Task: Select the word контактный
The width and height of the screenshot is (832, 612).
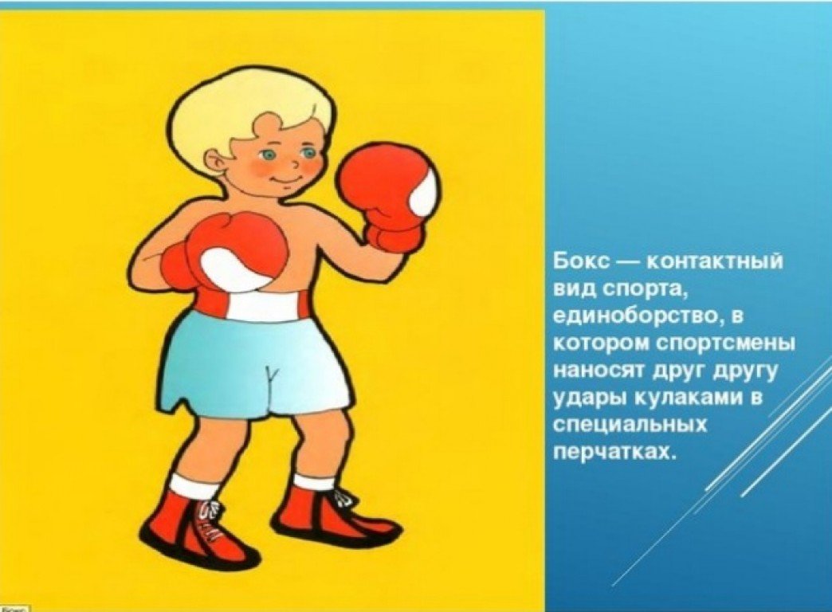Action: pos(714,262)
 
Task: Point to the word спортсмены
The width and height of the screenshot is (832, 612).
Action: pos(724,344)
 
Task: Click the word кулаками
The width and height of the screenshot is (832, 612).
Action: pos(691,398)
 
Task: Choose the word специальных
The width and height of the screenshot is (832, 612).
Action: pos(630,426)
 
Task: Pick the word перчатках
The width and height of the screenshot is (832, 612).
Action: pos(615,453)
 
